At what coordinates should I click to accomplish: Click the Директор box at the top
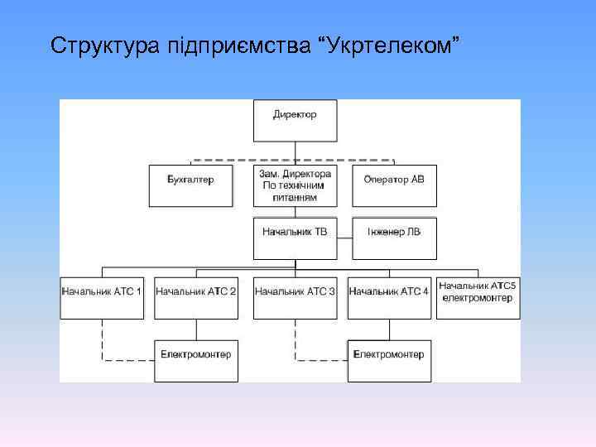pos(295,121)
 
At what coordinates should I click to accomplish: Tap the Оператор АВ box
pos(393,185)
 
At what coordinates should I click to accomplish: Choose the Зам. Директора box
pos(295,185)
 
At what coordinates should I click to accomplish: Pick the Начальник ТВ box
pos(295,237)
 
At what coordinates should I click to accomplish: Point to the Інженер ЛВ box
pos(393,237)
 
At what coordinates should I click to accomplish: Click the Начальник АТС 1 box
pos(102,297)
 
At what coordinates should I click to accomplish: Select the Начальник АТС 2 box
pos(196,297)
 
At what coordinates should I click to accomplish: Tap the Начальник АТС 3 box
pos(295,297)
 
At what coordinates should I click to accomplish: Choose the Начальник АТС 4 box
pos(389,297)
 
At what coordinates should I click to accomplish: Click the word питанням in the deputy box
pos(295,198)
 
